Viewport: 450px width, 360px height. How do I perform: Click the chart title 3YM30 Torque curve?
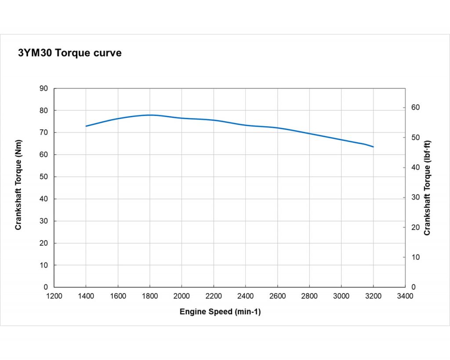coord(70,53)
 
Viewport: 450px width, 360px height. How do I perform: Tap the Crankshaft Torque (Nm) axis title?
coord(18,185)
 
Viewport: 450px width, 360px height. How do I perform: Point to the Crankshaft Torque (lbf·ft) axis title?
coord(427,188)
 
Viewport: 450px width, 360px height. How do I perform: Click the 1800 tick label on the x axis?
coord(150,296)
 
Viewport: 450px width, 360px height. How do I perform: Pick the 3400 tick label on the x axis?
coord(405,296)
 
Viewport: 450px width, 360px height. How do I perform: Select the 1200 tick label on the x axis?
coord(54,296)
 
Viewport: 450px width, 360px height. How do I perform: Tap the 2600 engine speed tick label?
coord(277,296)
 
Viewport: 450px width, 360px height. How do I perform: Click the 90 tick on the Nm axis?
coord(44,88)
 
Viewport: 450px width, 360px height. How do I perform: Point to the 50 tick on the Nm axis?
coord(44,177)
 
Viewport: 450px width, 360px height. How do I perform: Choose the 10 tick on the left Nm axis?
coord(44,265)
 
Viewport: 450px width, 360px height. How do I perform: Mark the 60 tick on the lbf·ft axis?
coord(416,108)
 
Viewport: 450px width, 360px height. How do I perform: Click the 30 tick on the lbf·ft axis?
coord(416,197)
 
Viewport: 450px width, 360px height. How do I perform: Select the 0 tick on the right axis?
coord(413,287)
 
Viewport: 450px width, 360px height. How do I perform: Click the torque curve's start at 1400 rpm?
coord(86,126)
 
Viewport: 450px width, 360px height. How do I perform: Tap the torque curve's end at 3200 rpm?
coord(373,146)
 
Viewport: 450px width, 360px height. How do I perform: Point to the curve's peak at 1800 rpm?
coord(150,115)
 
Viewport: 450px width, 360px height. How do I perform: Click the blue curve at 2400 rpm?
coord(246,125)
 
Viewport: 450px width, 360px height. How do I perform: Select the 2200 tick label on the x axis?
coord(214,296)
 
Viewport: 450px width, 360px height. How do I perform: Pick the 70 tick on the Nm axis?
coord(44,132)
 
